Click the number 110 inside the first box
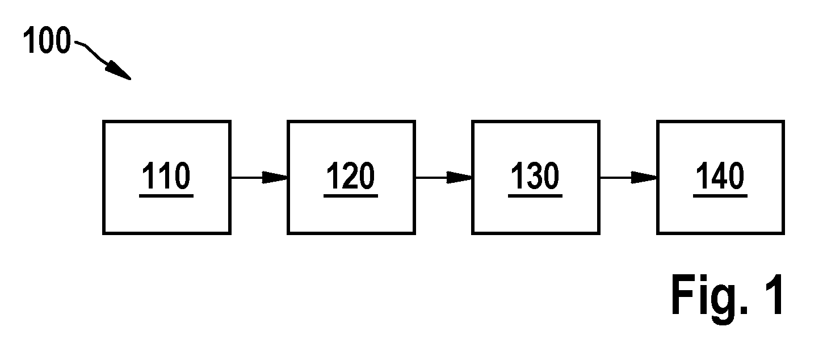[166, 176]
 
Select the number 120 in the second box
[351, 176]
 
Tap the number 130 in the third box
[535, 176]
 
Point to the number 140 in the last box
[720, 176]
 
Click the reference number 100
[47, 40]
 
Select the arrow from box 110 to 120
[259, 178]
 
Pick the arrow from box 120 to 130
[444, 178]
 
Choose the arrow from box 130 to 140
[628, 178]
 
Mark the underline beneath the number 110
[166, 196]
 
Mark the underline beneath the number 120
[351, 196]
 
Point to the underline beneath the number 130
[535, 196]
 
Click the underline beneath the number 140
[720, 196]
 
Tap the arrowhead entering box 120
[275, 178]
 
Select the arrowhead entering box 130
[459, 178]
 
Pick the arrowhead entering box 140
[644, 178]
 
